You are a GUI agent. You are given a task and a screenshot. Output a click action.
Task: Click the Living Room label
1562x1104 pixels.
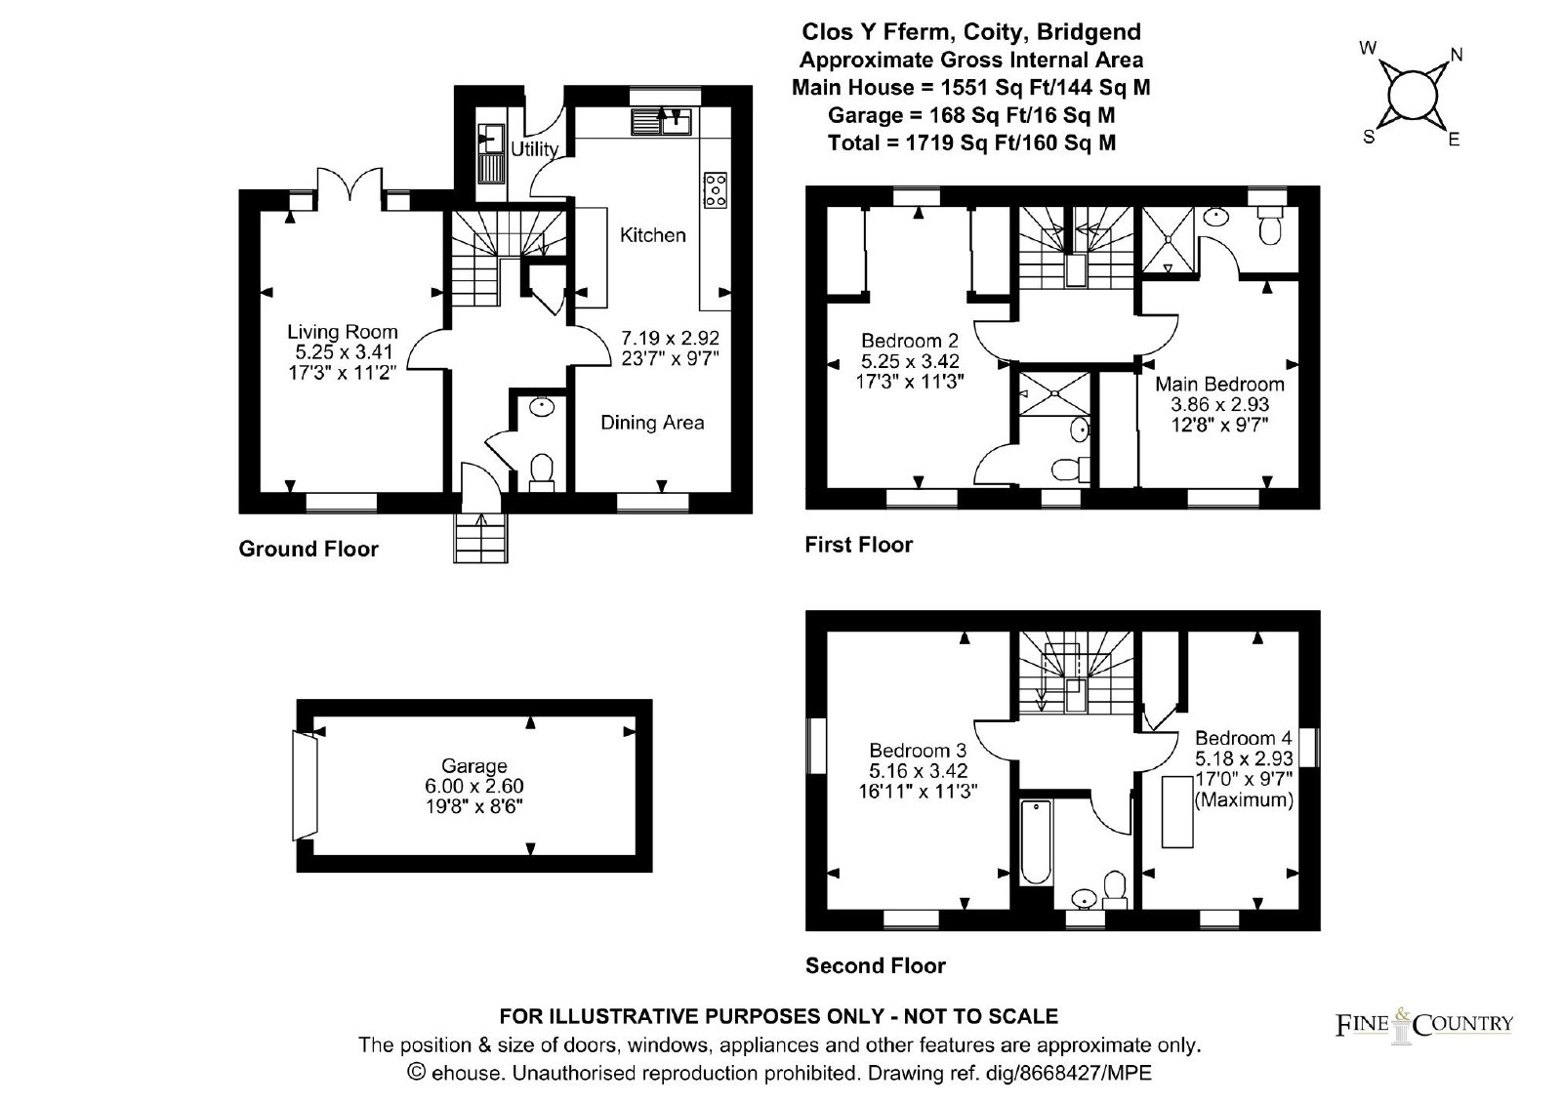[343, 332]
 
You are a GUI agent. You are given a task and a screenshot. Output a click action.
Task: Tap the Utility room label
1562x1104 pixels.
[535, 149]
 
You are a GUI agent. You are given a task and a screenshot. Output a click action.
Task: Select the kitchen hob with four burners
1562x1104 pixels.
[716, 189]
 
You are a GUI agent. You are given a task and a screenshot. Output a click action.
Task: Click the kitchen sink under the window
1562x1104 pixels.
[661, 121]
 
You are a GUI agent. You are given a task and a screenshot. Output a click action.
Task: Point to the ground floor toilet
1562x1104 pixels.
[542, 472]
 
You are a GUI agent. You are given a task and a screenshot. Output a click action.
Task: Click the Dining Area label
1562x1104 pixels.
[653, 423]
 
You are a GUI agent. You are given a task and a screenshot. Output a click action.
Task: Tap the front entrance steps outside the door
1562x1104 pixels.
[480, 538]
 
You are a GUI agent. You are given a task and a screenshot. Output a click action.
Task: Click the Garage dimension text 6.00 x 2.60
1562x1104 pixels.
[474, 786]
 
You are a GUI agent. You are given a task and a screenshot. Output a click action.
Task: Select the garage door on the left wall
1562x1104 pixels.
[306, 786]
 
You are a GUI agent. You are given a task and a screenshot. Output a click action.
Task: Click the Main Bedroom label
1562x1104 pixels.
[1219, 385]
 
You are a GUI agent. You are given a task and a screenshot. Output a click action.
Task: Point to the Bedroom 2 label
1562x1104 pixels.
[910, 341]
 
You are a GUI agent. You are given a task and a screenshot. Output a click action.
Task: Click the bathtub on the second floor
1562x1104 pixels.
[1036, 842]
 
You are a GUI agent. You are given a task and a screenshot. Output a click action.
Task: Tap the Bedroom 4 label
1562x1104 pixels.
[1244, 738]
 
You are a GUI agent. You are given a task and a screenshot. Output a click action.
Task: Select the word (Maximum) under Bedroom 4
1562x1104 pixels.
[1244, 799]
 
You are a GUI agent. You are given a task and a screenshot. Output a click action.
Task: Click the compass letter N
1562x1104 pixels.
[1457, 55]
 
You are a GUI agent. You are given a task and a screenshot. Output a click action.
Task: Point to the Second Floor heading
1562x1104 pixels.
[876, 966]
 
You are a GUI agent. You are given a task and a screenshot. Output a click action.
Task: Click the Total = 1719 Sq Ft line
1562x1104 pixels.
[972, 143]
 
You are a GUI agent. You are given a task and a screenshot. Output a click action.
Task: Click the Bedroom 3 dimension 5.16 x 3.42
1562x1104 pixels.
[919, 770]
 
